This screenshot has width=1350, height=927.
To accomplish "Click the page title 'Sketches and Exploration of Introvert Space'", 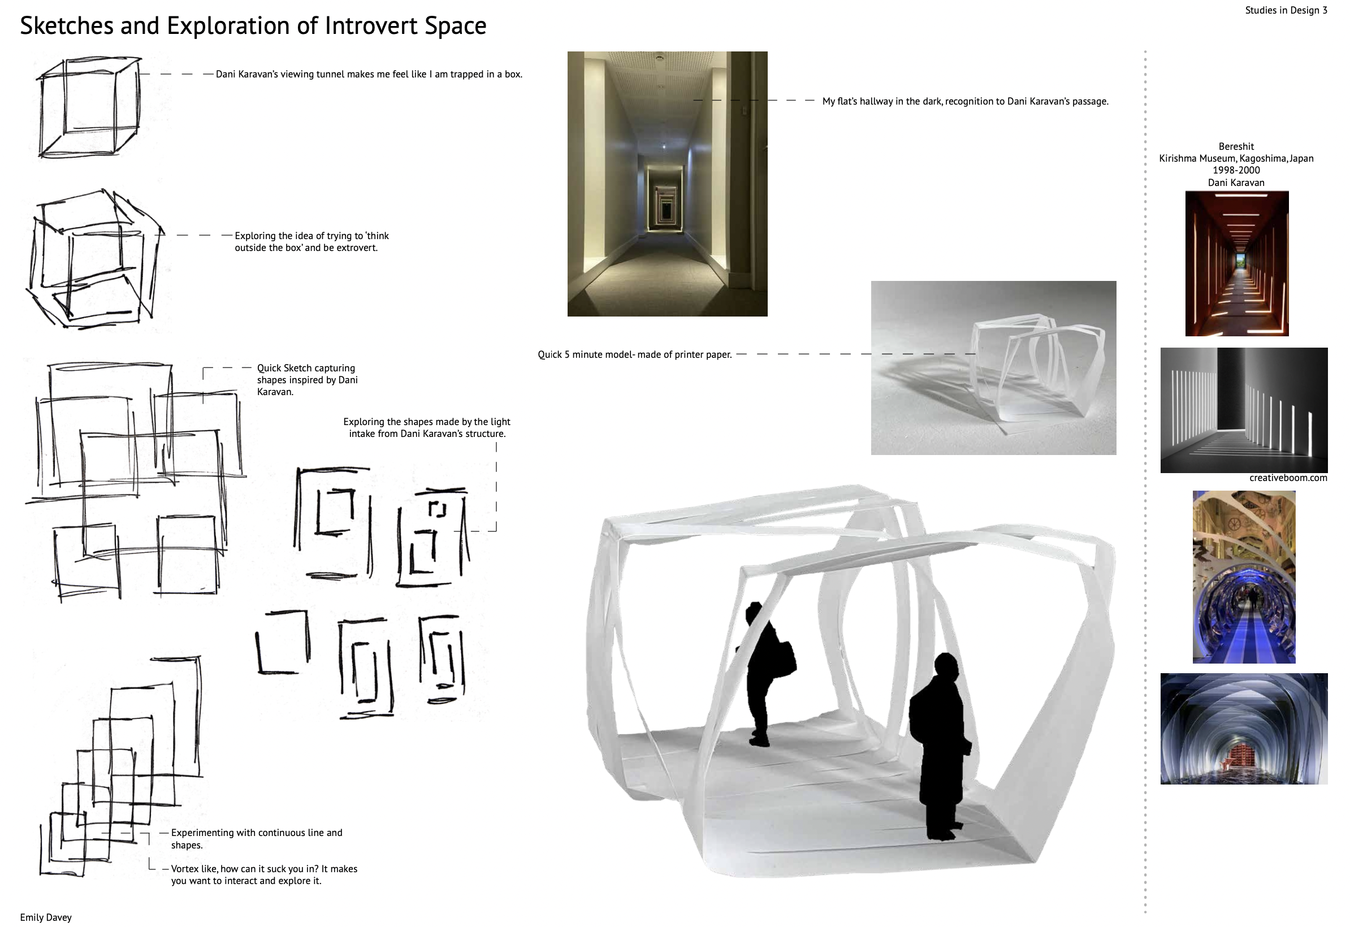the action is (253, 26).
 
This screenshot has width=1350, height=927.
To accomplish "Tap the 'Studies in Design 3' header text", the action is (1286, 10).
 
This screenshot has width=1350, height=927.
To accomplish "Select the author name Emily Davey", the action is (46, 917).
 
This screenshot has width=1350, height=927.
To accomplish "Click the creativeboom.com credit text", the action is (1288, 478).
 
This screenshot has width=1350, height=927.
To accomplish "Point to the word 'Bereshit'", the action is (1236, 146).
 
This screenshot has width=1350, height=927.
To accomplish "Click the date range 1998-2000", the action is (1236, 170).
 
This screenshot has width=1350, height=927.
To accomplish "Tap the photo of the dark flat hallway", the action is (668, 184).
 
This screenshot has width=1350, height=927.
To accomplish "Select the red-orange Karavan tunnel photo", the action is (1237, 264).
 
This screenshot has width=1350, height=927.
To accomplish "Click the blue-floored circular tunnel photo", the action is (1244, 577).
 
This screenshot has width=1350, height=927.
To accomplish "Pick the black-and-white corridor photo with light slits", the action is (1244, 410).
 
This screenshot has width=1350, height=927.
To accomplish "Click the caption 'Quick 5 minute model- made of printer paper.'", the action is (634, 354).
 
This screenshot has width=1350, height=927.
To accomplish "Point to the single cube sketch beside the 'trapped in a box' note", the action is (89, 107).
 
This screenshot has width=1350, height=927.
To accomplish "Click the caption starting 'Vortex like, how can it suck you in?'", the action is (264, 875).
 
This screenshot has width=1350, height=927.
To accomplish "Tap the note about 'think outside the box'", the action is (311, 241).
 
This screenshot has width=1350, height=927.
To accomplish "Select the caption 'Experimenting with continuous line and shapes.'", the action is (256, 839).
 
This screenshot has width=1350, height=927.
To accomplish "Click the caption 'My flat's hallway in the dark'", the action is (966, 101).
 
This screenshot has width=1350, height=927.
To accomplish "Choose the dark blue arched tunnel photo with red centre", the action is (1244, 729).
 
